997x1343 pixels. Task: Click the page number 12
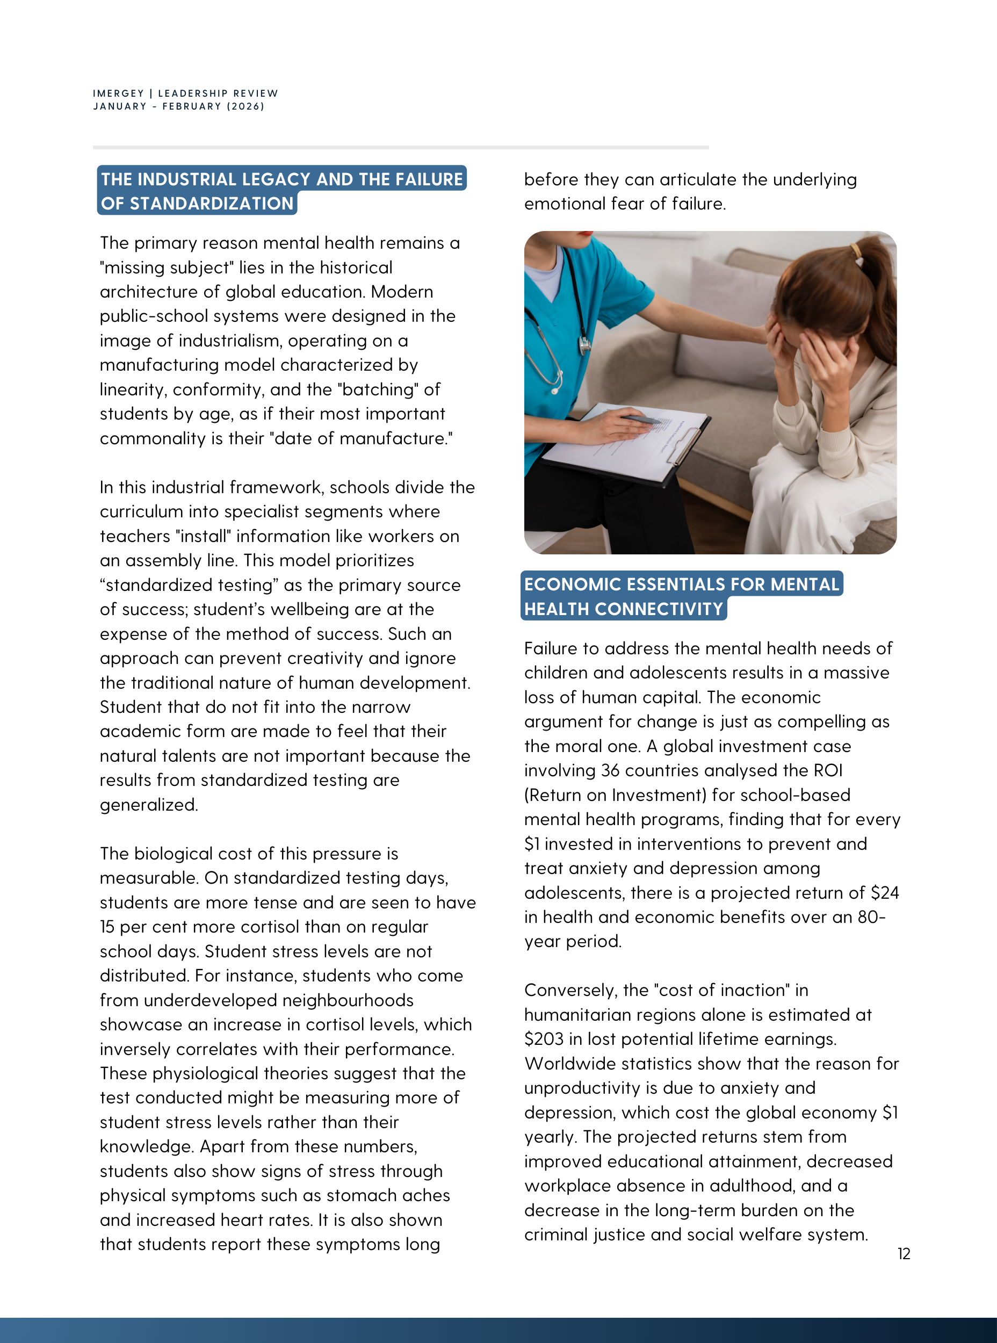click(x=904, y=1254)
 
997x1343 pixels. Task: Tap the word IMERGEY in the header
click(x=118, y=93)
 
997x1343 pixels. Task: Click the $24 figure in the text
click(x=885, y=893)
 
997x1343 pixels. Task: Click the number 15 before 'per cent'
click(x=107, y=927)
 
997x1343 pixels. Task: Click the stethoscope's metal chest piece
click(x=584, y=345)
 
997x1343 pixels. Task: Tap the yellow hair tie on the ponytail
click(x=856, y=250)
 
